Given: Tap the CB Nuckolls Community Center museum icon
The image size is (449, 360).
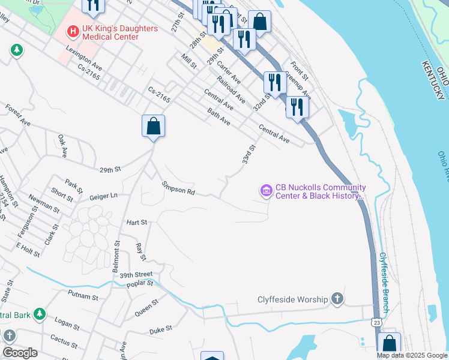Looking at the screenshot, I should pos(266,191).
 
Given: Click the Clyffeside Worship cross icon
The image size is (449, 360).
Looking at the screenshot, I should pos(337,298).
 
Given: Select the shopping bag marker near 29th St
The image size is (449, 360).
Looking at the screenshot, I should pos(154,127).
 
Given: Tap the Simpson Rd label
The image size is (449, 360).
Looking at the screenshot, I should pos(178,188).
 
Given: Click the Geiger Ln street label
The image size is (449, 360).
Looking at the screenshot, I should pos(103,196).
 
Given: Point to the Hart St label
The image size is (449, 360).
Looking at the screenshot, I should pos(137,222).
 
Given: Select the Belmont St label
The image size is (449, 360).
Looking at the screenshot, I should pos(117,256).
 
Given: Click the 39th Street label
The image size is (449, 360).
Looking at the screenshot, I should pos(137,274).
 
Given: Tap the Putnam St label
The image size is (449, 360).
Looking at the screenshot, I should pos(83,296).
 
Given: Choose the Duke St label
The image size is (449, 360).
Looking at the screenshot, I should pos(161,329).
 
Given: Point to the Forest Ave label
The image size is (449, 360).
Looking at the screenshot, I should pos(18,115).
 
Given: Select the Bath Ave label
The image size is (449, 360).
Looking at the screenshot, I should pos(218,116).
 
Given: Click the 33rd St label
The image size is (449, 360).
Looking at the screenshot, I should pos(249,154).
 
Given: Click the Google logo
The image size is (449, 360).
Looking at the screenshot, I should pos(20,353).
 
